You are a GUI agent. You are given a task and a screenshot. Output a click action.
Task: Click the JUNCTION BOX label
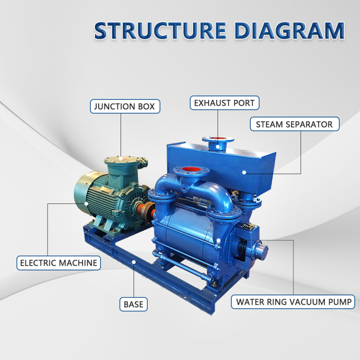click(x=125, y=106)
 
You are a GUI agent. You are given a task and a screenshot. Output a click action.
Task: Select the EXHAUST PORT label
click(x=225, y=103)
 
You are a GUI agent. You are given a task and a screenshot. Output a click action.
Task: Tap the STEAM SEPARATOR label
click(x=295, y=124)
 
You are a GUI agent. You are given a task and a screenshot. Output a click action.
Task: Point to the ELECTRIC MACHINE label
click(x=58, y=263)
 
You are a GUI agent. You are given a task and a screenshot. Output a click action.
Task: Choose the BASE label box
click(x=133, y=304)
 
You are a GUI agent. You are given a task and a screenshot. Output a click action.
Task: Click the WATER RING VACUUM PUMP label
click(x=293, y=301)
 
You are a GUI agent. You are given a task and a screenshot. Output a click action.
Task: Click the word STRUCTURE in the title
click(x=161, y=31)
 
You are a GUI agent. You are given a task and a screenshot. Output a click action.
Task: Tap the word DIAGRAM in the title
click(x=289, y=31)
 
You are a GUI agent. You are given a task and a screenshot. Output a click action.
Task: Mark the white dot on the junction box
click(x=121, y=158)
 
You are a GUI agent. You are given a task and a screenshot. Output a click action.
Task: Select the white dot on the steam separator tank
click(x=244, y=172)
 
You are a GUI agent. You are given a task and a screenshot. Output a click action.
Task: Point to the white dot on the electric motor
click(x=86, y=203)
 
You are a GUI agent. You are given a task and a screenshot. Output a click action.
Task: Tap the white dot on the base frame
click(x=134, y=262)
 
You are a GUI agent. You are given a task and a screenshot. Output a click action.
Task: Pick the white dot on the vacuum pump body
click(x=219, y=240)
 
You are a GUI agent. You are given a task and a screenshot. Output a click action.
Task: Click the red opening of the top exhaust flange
click(x=217, y=138)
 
